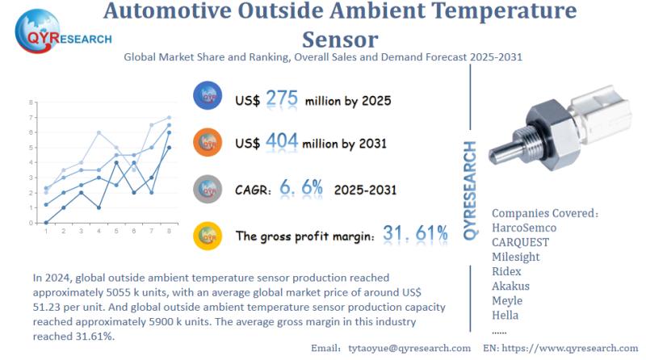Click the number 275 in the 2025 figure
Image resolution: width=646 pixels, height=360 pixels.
coord(281,99)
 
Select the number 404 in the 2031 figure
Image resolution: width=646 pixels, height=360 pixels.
coord(281,142)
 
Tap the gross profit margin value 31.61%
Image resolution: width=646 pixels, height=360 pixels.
coord(415,234)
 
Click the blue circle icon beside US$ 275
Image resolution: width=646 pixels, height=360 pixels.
coord(208,98)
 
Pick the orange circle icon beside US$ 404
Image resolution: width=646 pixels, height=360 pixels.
coord(208,143)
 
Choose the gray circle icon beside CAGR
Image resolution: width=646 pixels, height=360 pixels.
coord(208,189)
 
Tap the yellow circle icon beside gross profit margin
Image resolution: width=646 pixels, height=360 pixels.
coord(208,236)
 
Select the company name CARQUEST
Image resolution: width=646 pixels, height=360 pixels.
coord(525,243)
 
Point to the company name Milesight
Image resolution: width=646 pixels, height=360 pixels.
coord(516,257)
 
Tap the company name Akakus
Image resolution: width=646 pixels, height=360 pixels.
coord(511,287)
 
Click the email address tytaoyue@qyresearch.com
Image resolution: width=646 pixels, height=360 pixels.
coord(408,347)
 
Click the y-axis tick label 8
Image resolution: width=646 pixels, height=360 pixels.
coord(31,103)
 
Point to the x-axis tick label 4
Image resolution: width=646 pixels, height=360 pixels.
coord(99,232)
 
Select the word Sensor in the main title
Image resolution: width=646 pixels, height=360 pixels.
coord(339,39)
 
